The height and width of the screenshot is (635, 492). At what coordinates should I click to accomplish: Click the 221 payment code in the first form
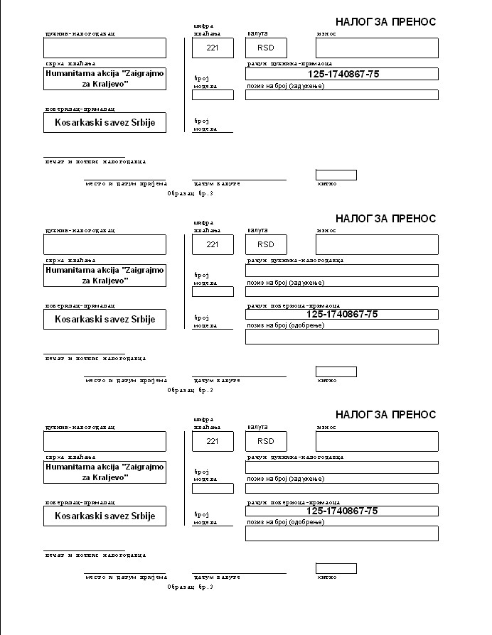pos(212,48)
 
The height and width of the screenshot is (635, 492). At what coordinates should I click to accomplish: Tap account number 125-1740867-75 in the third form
pos(342,511)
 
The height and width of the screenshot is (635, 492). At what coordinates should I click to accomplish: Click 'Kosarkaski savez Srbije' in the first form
pos(105,123)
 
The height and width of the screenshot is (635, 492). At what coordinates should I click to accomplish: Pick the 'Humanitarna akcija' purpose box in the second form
pos(105,275)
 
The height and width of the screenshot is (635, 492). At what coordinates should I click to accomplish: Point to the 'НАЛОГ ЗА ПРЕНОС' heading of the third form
pos(385,414)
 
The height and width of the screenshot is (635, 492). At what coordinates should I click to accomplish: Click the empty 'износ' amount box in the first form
pos(377,48)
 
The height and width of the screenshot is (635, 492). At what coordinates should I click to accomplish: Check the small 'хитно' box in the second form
pos(336,371)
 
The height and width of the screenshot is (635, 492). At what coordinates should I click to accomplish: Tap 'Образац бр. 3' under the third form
pos(190,587)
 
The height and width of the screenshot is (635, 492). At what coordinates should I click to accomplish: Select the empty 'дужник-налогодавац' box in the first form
pos(105,48)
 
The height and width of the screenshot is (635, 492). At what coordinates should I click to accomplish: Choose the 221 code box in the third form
pos(212,441)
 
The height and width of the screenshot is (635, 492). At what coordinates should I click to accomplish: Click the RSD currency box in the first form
pos(266,48)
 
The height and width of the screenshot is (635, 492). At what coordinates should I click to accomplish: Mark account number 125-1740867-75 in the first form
pos(342,74)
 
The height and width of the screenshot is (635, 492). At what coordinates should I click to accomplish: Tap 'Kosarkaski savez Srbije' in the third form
pos(105,516)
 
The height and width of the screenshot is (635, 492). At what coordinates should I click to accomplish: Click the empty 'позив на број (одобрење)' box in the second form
pos(341,337)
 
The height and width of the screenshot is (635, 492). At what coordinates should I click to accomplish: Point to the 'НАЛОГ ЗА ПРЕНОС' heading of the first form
pos(385,22)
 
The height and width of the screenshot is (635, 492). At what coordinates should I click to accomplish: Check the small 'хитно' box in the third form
pos(336,568)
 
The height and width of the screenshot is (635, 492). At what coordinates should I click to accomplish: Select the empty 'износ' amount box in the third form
pos(377,441)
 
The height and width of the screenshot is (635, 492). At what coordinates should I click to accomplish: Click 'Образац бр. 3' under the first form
pos(190,193)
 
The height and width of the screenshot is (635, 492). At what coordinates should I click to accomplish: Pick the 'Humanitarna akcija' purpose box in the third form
pos(105,472)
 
